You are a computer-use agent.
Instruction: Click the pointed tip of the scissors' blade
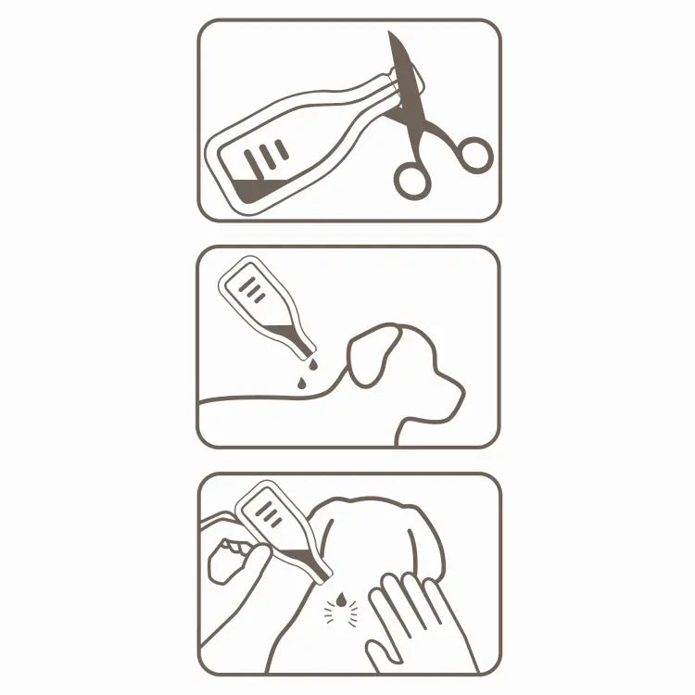(391, 34)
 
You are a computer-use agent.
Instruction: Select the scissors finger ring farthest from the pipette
(473, 153)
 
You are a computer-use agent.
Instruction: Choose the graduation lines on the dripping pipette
(250, 286)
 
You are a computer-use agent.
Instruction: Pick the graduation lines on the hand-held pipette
(267, 511)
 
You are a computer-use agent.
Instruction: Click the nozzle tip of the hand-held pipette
(324, 582)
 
